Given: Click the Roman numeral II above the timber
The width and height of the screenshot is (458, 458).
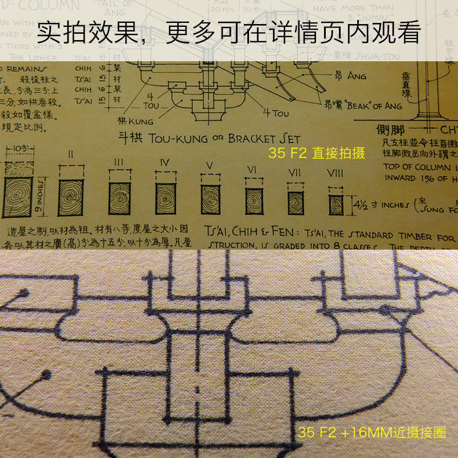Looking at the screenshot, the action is [71, 154].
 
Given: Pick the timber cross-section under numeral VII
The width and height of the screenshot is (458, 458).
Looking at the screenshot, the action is [295, 202].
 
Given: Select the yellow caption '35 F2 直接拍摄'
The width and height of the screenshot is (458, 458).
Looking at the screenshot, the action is [317, 153].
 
